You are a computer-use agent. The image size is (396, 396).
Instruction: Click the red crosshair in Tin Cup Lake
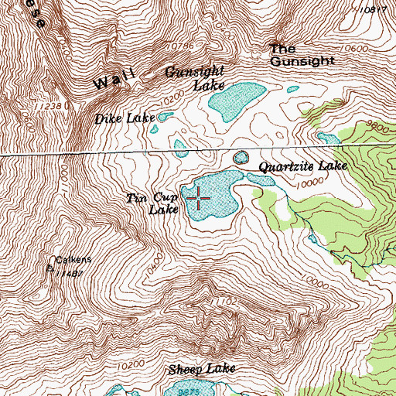199,199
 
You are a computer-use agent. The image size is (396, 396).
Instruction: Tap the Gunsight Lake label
192,78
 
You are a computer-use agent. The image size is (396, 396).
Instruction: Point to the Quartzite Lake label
302,166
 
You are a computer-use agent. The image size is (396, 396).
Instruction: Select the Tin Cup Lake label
152,203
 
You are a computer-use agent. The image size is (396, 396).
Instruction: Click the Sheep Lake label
200,370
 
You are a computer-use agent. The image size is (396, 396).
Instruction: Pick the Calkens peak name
73,261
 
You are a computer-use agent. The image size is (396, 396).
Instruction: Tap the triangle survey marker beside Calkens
50,269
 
